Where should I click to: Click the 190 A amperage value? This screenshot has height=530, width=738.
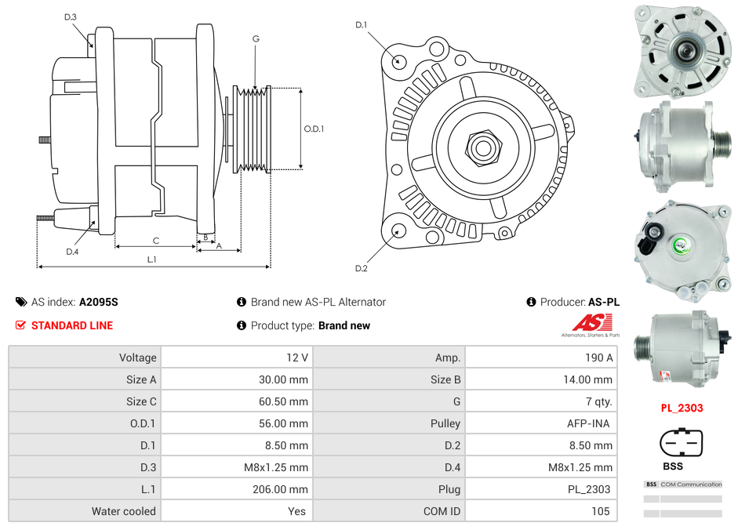(x=598, y=358)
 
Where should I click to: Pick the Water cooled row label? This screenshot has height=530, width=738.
(x=124, y=511)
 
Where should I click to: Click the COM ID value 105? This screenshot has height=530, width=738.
(x=601, y=511)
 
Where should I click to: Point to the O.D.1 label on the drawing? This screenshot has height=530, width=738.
(x=314, y=129)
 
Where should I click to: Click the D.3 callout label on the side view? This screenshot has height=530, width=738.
(x=71, y=16)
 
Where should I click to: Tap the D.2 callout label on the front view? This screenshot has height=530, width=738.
(x=362, y=268)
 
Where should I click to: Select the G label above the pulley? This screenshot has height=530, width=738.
(x=256, y=38)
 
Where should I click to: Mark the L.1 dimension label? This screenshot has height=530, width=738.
(x=152, y=259)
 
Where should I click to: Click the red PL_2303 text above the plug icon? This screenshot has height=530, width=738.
(x=681, y=408)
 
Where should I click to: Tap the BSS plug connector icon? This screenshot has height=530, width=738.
(x=681, y=443)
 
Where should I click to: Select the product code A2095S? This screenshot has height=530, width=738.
(x=98, y=302)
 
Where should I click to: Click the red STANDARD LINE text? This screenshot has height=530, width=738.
(x=72, y=325)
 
